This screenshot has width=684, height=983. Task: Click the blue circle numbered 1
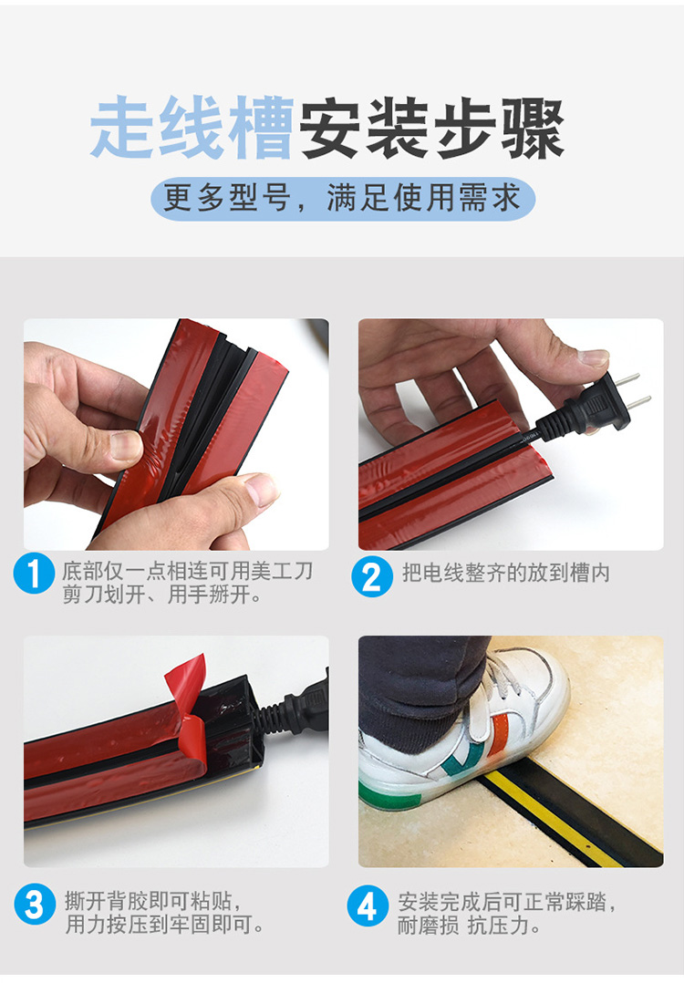[34, 573]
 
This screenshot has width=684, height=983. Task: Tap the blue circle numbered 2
[372, 576]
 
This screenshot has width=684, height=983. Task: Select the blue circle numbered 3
[35, 904]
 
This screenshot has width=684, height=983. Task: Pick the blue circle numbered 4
[368, 905]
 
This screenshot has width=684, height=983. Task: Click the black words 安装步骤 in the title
[431, 128]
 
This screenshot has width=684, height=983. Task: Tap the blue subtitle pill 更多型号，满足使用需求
[343, 199]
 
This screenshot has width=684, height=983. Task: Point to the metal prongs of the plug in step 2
[633, 390]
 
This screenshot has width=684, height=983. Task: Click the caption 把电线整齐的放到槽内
[506, 573]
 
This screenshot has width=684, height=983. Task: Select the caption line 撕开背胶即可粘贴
[153, 901]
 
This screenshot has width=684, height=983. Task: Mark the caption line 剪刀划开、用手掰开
[161, 595]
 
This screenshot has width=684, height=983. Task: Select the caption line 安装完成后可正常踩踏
[507, 902]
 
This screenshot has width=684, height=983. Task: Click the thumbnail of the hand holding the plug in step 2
[593, 358]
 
